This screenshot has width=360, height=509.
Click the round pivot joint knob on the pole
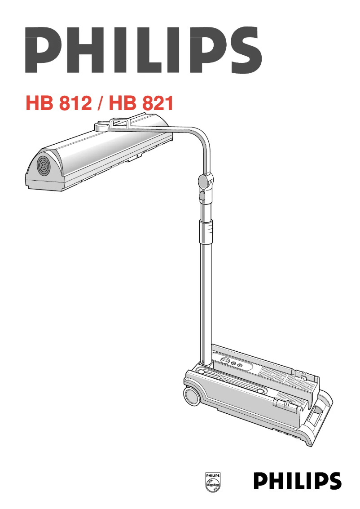click(x=203, y=181)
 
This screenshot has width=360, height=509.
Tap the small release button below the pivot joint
click(x=202, y=196)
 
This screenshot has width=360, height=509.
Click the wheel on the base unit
click(x=192, y=397)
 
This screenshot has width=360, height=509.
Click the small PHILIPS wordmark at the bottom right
click(x=297, y=481)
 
